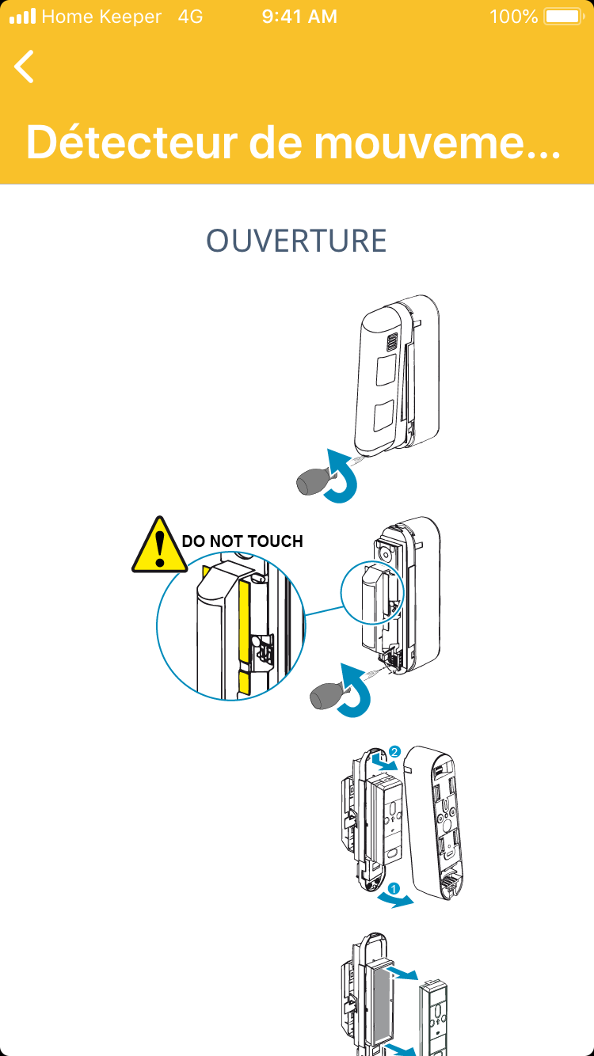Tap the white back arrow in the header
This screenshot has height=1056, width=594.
25,66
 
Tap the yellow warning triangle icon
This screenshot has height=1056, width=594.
159,545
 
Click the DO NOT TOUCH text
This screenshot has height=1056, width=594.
242,541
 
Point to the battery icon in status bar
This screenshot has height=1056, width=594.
564,17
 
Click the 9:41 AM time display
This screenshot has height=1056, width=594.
299,17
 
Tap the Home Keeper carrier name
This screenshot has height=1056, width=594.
101,17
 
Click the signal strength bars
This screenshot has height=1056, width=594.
22,17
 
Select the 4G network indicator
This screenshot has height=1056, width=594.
191,17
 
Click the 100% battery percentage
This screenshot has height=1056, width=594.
513,17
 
